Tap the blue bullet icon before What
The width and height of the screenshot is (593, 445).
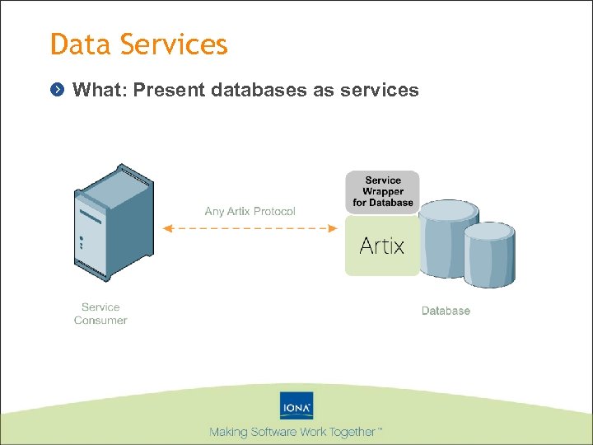57,90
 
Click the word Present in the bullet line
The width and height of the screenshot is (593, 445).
169,90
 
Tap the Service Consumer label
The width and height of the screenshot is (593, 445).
100,314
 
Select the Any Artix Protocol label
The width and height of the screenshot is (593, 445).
250,212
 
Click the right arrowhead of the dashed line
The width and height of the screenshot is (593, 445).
334,228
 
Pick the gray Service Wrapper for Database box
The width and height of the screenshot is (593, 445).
382,192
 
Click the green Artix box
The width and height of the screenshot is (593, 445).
382,246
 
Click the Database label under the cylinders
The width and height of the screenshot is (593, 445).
446,311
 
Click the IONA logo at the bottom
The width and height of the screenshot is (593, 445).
296,406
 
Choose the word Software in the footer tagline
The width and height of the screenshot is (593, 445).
273,432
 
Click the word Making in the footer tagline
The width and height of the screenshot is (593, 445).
228,432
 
